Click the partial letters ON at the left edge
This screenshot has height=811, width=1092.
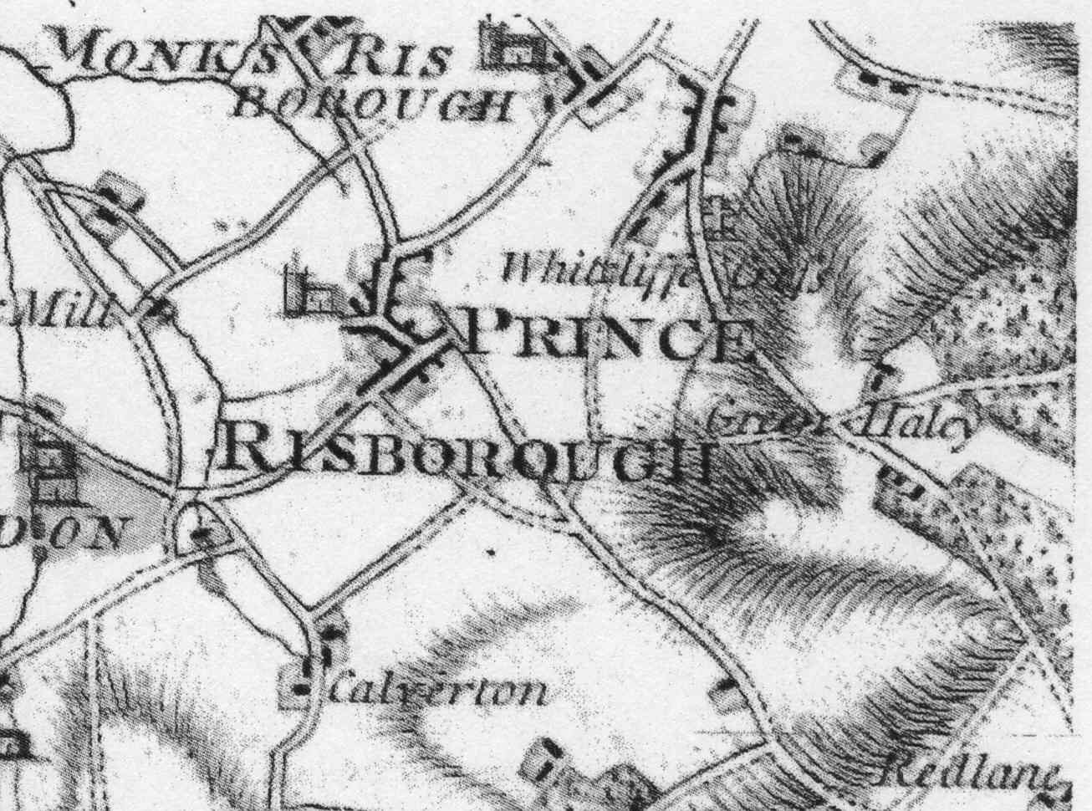click(79, 532)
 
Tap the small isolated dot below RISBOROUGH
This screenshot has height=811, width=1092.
click(491, 552)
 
